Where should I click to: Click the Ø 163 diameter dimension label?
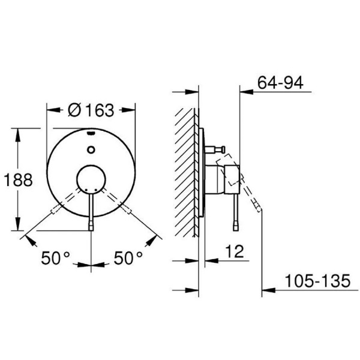[91, 110]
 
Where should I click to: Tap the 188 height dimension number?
[19, 180]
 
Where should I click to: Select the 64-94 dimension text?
[280, 83]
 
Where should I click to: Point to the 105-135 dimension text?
[318, 281]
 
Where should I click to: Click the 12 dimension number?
[235, 251]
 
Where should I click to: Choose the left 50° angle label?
[55, 258]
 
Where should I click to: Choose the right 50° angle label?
[128, 258]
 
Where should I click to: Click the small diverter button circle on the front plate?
[91, 149]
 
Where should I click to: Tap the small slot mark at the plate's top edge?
[91, 133]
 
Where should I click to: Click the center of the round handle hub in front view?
[91, 179]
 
